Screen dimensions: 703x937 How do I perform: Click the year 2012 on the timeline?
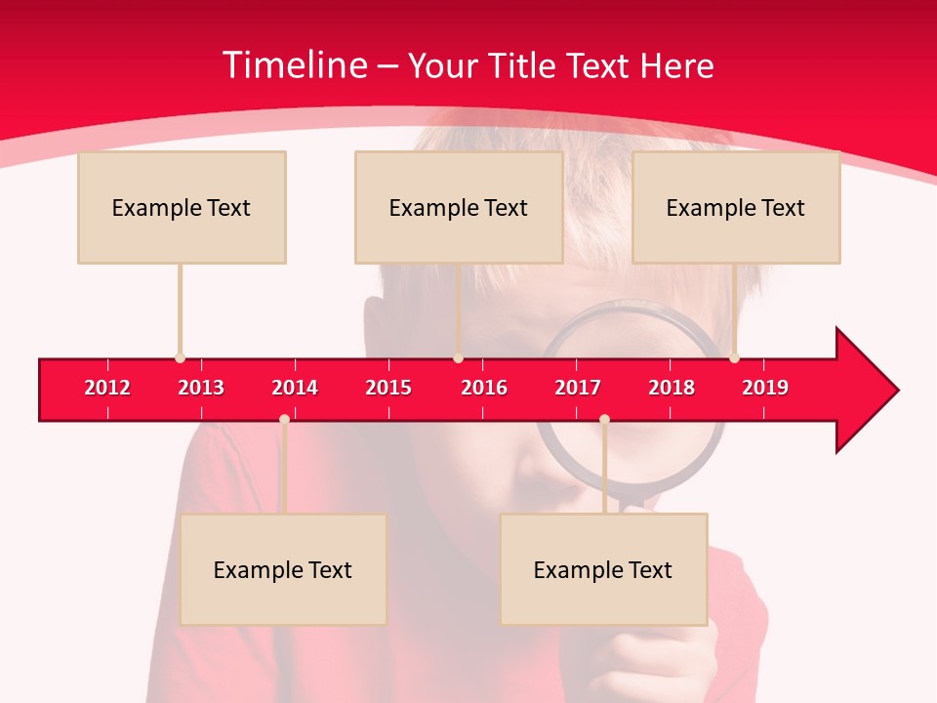tap(107, 388)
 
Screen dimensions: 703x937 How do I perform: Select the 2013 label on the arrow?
tap(201, 388)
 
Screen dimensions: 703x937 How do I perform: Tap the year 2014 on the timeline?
tap(295, 388)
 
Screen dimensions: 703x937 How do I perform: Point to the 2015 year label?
tap(388, 388)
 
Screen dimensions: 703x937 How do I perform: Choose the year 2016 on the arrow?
tap(484, 388)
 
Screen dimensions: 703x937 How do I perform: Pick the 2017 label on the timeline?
tap(578, 388)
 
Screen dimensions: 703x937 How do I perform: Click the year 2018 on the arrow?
tap(672, 388)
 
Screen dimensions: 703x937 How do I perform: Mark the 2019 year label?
tap(765, 388)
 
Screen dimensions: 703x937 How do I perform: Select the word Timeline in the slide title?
tap(293, 65)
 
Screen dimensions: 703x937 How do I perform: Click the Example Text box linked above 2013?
tap(182, 207)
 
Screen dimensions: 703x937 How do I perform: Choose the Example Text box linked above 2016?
tap(459, 207)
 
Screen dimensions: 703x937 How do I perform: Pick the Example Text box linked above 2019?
tap(736, 207)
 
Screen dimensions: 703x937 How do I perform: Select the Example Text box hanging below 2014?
tap(283, 569)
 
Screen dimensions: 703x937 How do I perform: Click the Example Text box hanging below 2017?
tap(603, 569)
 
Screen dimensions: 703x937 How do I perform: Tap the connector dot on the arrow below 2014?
tap(284, 420)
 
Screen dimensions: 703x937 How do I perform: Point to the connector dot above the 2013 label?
tap(180, 357)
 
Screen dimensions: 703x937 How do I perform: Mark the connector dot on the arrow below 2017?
tap(604, 420)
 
